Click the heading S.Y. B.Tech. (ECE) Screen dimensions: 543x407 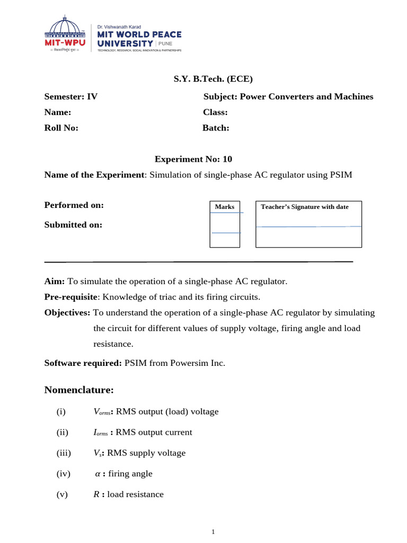214,79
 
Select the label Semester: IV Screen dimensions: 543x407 70,97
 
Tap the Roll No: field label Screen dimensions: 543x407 61,128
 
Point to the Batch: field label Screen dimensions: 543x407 216,128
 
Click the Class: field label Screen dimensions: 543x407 215,112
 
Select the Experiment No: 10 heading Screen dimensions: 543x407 193,159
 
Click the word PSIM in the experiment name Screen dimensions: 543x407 341,175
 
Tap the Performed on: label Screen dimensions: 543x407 74,205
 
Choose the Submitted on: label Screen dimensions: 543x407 73,225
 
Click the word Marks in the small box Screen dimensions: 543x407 225,207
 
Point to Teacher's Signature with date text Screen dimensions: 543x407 305,207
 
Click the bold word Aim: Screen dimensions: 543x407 55,282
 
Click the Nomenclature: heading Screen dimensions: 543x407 79,390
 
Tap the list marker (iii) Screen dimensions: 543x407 63,453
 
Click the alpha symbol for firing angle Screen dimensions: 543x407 96,474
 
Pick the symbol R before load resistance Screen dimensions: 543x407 96,494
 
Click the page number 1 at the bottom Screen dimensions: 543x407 213,532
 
